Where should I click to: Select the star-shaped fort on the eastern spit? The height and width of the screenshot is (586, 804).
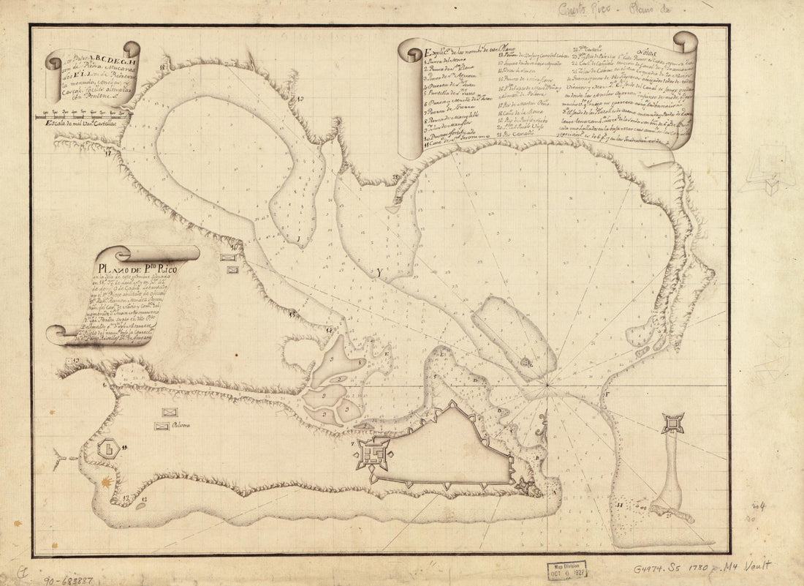[672, 422]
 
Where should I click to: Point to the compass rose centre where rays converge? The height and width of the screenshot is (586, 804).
[547, 383]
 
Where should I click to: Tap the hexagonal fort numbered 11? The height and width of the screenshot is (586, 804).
[108, 447]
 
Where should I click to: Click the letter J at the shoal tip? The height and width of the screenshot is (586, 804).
[298, 238]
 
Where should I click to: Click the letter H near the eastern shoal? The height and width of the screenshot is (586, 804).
[619, 505]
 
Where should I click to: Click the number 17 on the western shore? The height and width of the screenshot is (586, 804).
[108, 154]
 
